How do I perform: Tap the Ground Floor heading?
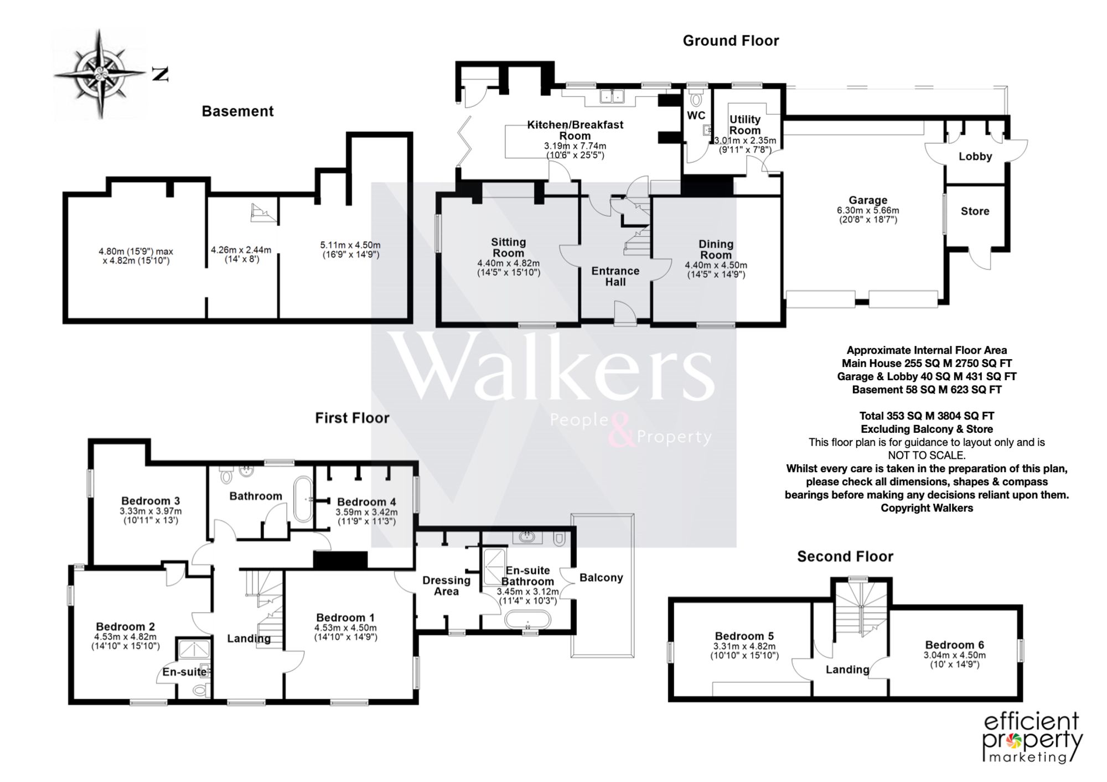[x=731, y=41]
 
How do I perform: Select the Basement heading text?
[x=237, y=111]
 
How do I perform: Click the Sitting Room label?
[x=509, y=247]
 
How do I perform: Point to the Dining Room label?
[x=716, y=250]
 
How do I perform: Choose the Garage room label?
[x=868, y=200]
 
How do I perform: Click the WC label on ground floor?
[x=696, y=116]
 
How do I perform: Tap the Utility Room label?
[x=745, y=125]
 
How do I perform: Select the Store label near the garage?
[x=975, y=211]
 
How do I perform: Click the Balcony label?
[x=601, y=578]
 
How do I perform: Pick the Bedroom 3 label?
[x=151, y=501]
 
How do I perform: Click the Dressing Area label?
[x=446, y=586]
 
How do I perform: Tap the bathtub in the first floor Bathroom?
[x=303, y=499]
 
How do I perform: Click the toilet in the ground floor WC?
[x=696, y=98]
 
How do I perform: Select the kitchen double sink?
[x=612, y=96]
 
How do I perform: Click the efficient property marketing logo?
[x=1033, y=738]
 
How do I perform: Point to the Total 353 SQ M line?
[x=927, y=416]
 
